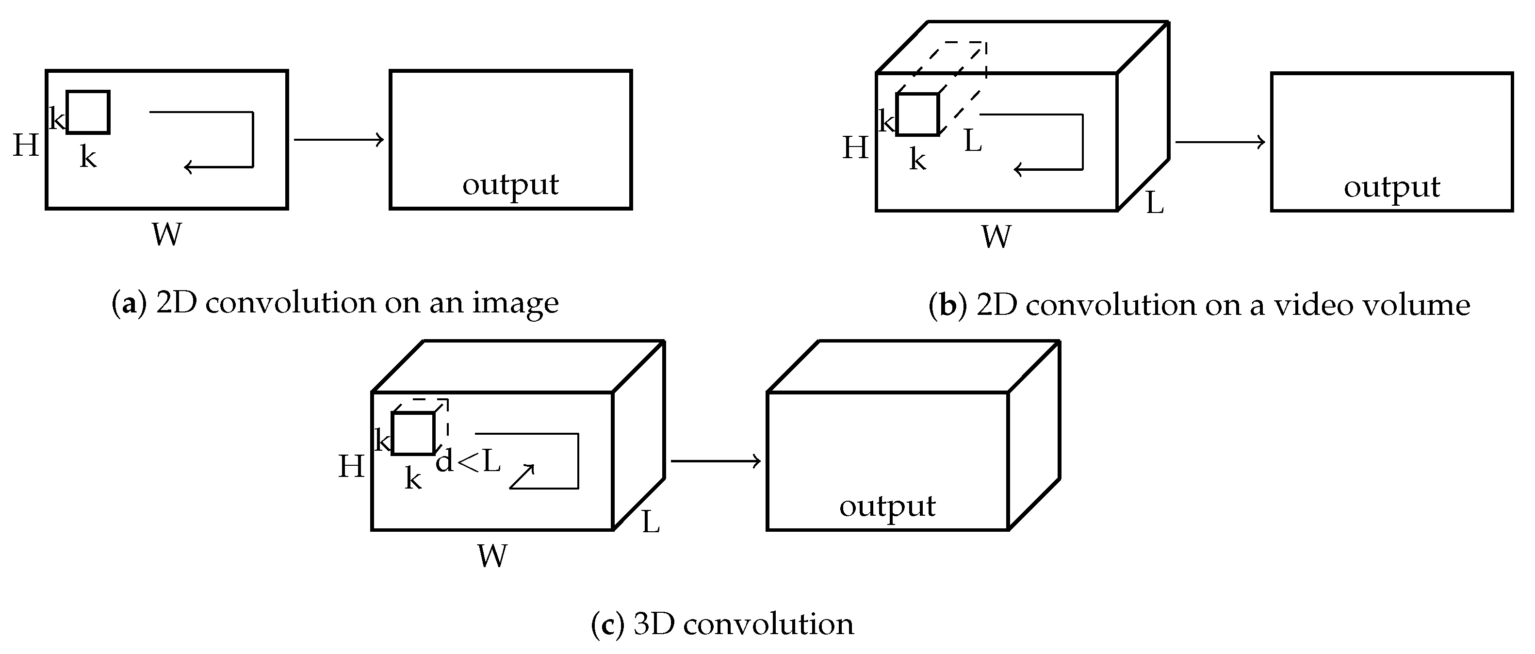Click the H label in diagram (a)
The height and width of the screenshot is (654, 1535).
click(x=26, y=145)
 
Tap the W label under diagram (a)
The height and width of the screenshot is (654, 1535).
click(x=166, y=234)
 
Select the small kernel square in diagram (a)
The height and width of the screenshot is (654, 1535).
click(x=88, y=112)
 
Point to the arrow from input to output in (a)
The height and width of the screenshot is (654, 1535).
click(x=339, y=140)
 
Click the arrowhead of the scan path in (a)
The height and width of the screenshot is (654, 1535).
click(x=187, y=167)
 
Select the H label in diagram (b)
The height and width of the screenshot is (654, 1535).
click(x=855, y=147)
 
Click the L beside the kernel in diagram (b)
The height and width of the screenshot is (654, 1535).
click(x=973, y=141)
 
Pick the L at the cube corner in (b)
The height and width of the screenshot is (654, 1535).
click(x=1154, y=203)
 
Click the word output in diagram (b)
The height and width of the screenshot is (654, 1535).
click(x=1391, y=187)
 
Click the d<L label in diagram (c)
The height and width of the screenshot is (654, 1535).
click(x=468, y=461)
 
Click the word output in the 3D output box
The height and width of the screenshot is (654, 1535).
click(x=887, y=506)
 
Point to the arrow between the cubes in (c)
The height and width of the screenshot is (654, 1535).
click(x=715, y=461)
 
